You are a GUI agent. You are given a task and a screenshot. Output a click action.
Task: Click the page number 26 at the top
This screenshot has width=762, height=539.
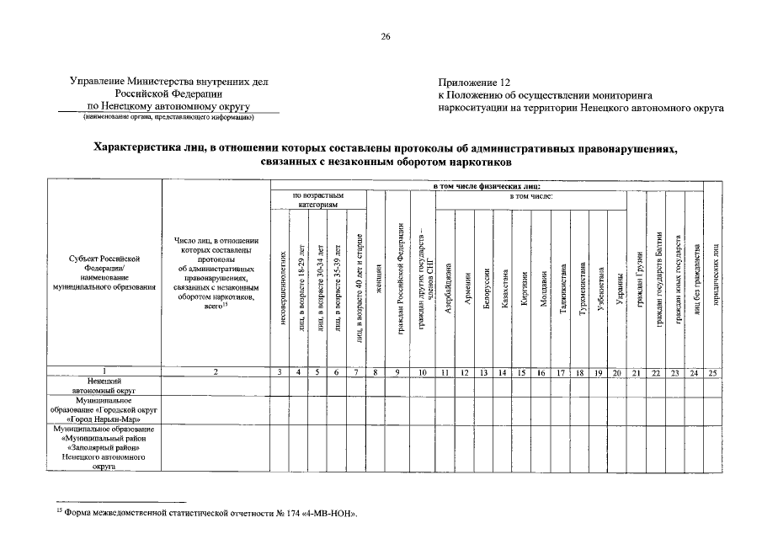[x=386, y=36]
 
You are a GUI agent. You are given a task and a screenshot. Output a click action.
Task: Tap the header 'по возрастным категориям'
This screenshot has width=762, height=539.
[x=318, y=200]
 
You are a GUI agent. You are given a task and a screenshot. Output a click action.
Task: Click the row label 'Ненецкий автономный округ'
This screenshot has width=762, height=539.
[x=104, y=386]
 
